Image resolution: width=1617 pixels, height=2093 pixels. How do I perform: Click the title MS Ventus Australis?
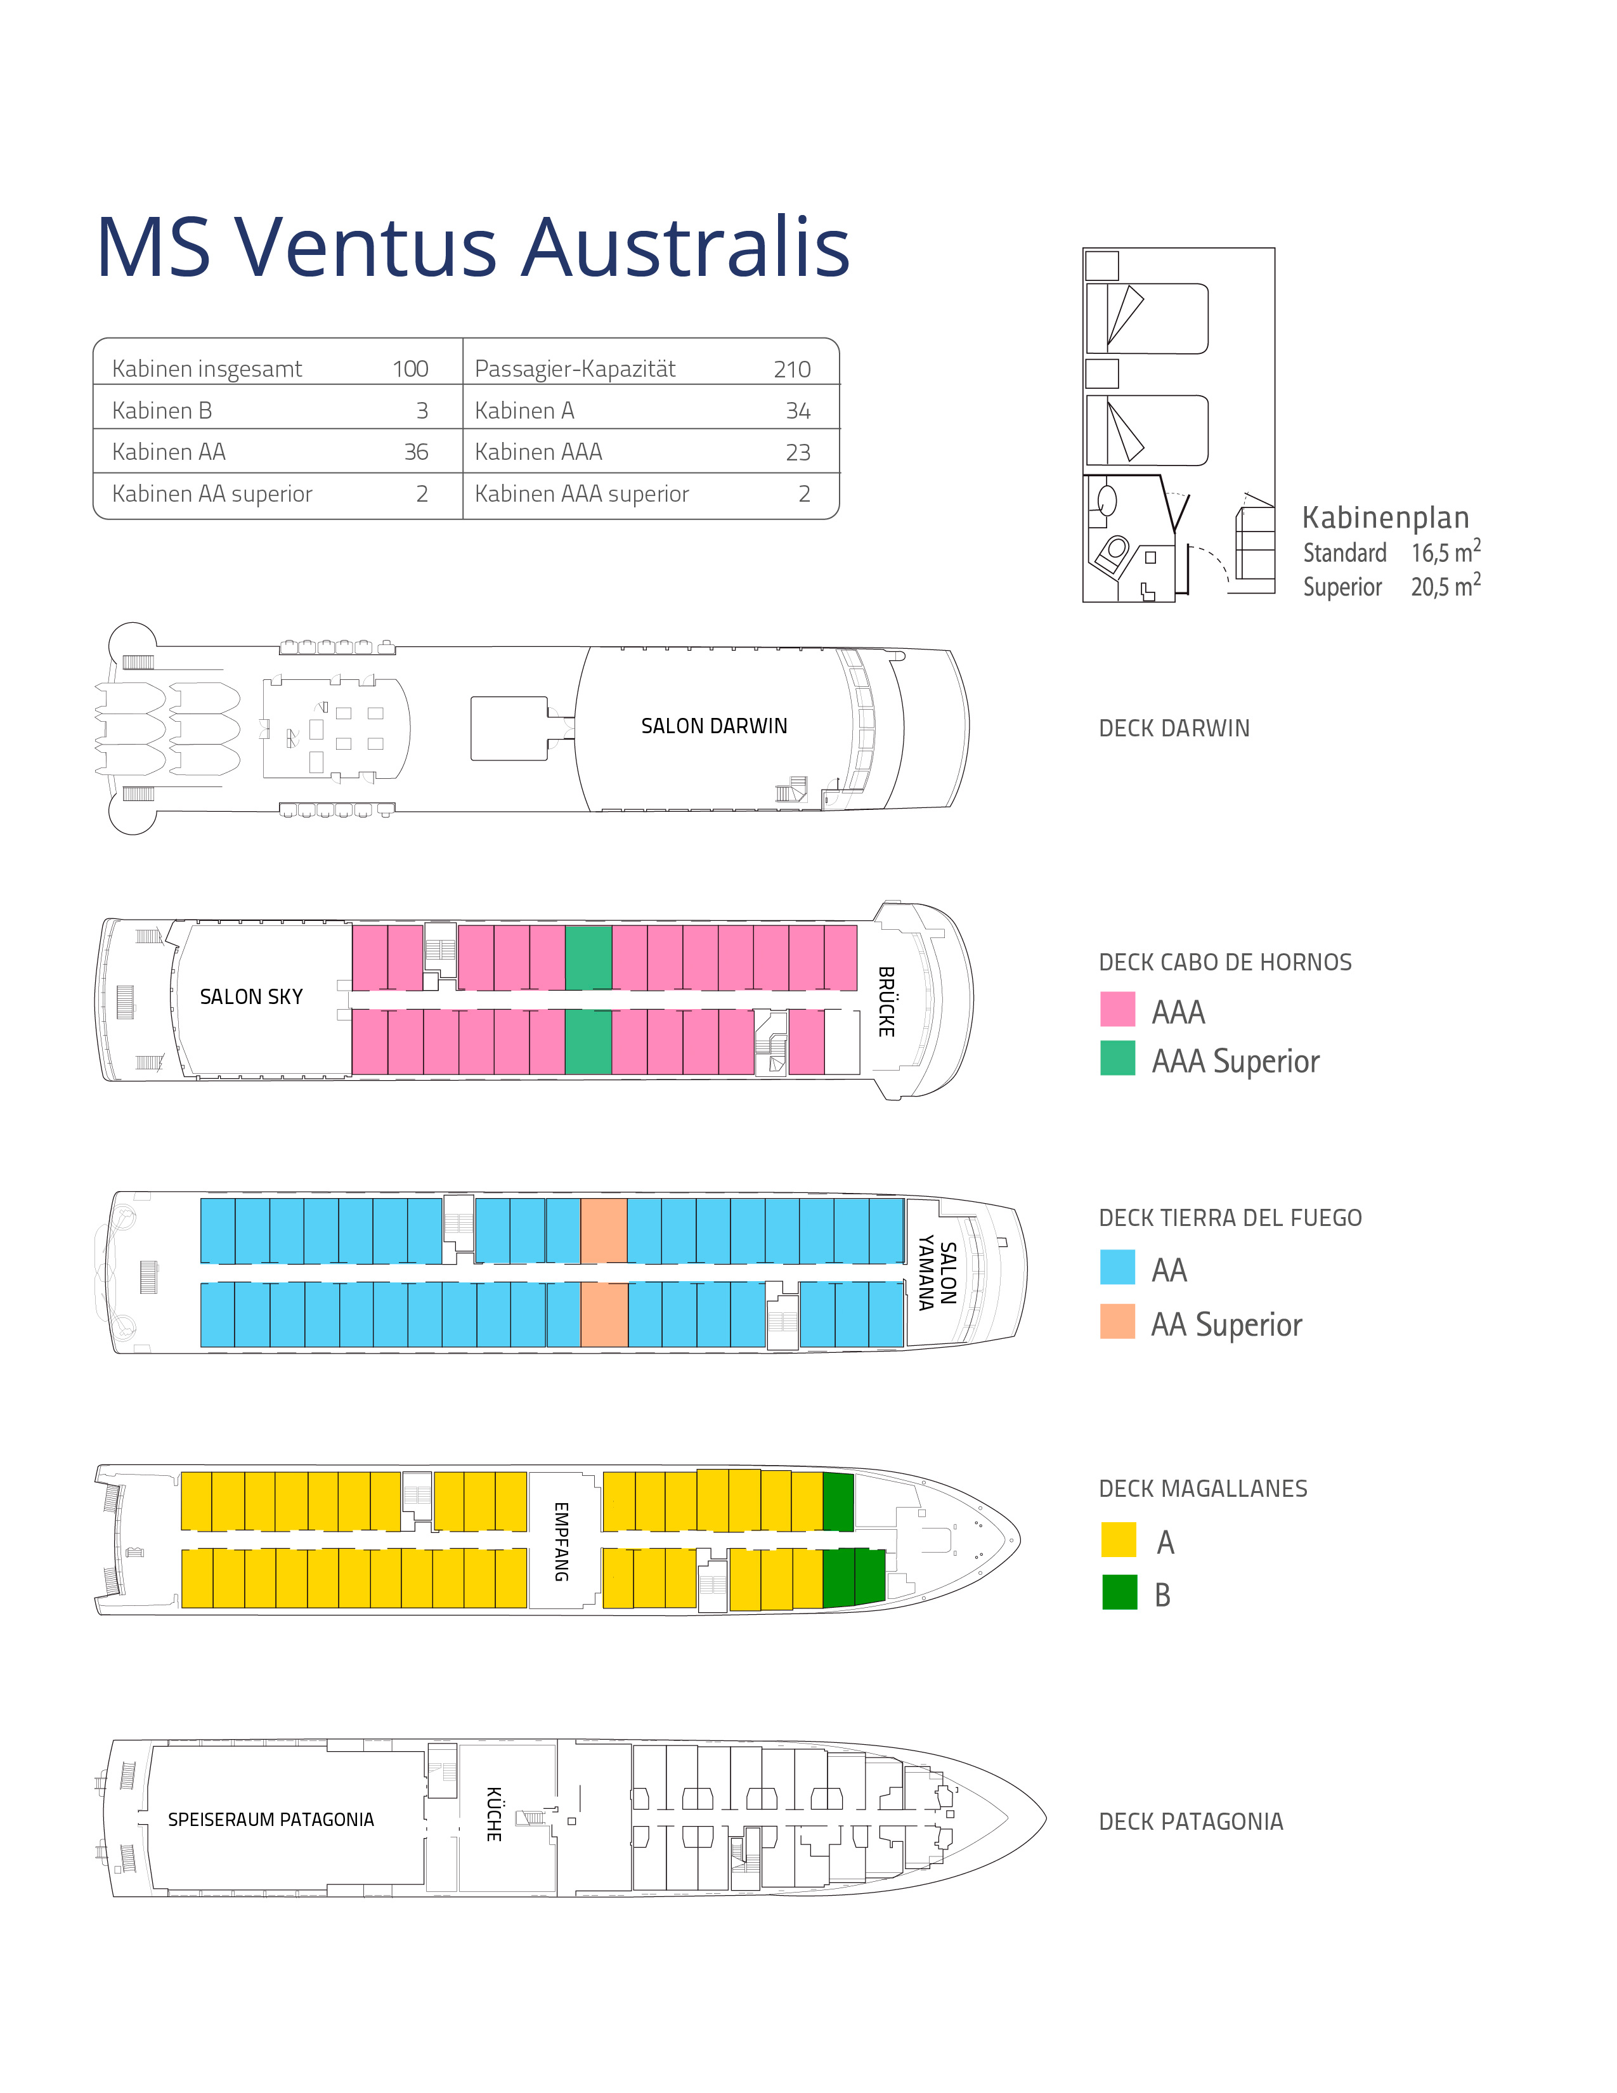473,247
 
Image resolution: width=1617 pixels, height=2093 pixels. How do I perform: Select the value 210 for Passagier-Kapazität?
792,369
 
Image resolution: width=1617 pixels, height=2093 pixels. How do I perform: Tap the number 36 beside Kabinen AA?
416,452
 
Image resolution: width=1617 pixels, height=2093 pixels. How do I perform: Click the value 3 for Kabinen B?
422,410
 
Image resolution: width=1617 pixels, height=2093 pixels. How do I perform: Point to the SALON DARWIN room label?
713,726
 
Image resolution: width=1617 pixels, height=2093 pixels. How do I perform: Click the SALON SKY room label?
251,996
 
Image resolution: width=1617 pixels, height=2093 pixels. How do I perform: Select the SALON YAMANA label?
937,1273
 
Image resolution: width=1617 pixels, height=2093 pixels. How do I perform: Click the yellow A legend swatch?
1119,1540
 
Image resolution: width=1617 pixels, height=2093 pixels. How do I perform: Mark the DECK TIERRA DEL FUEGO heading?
1230,1218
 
